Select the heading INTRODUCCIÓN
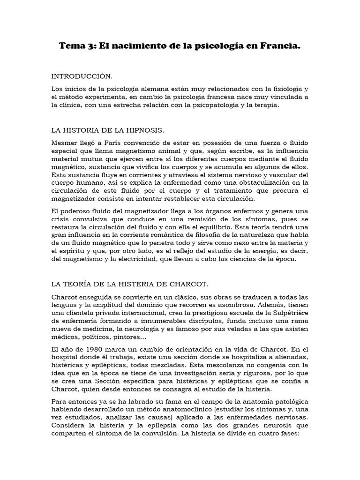(x=82, y=75)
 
